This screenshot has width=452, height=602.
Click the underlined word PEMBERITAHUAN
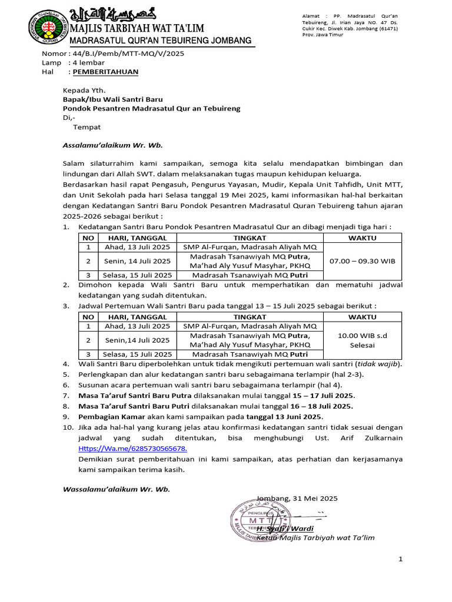click(105, 72)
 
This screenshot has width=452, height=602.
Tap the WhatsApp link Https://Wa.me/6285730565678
click(132, 448)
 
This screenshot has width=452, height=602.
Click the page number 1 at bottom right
click(401, 559)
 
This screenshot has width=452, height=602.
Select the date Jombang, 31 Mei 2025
click(297, 498)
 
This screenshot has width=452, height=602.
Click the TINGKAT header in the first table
click(250, 238)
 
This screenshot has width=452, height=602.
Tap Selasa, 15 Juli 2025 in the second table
click(137, 354)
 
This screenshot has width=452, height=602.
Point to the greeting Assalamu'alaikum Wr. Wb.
click(113, 145)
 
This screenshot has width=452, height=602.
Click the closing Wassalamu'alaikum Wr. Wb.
click(117, 489)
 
